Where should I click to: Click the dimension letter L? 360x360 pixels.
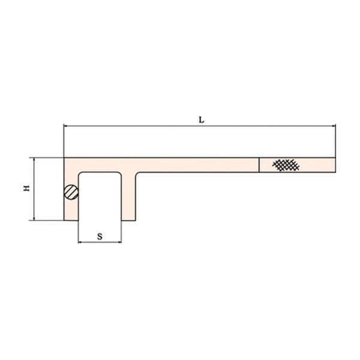[202, 119]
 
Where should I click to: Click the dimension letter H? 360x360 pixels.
[27, 188]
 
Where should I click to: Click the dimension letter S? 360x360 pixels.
[100, 236]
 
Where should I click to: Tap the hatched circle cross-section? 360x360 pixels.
[71, 192]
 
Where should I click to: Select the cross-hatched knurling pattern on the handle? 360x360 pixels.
[286, 165]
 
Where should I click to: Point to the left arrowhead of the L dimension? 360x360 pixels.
[65, 126]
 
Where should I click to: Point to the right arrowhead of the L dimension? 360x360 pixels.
[334, 126]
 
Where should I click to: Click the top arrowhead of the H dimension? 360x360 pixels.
[34, 160]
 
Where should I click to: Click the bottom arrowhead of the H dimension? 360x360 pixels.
[34, 218]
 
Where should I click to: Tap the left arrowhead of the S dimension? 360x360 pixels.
[80, 242]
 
